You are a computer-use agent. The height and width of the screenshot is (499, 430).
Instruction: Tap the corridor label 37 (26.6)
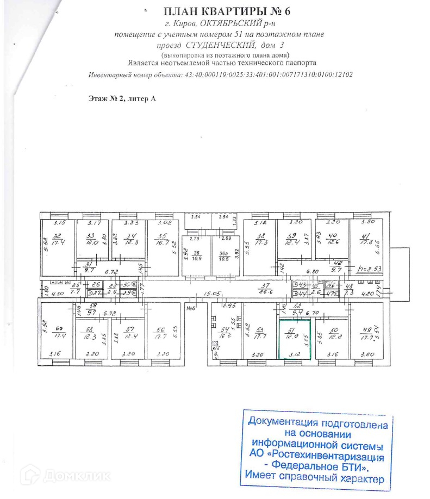tap(265, 290)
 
